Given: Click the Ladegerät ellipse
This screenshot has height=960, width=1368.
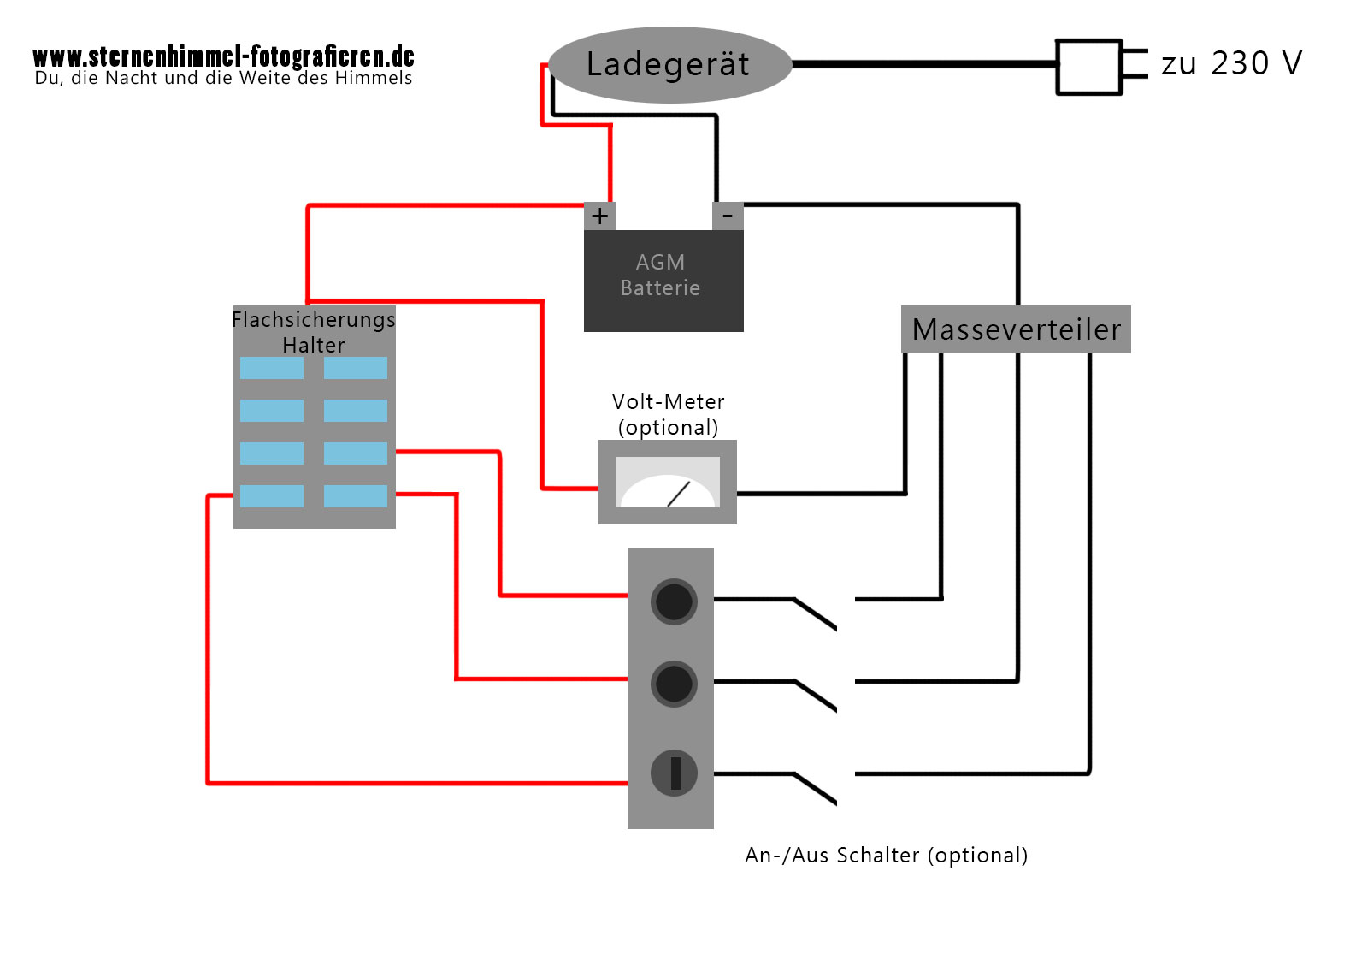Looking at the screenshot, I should coord(669,65).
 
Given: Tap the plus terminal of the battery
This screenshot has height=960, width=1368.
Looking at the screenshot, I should coord(599,216).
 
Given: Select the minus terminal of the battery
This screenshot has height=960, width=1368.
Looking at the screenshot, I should coord(728,216).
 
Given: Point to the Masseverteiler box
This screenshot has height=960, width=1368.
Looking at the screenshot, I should coord(1016,329).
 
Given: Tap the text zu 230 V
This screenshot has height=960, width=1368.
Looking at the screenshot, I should coord(1231,63).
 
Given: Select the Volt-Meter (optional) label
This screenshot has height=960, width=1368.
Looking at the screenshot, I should coord(668,414).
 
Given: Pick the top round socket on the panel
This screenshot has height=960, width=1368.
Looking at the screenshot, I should coord(674,601).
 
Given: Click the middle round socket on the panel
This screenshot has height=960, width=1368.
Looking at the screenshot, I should coord(674,684).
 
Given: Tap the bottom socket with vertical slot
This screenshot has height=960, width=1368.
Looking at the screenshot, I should coord(674,773).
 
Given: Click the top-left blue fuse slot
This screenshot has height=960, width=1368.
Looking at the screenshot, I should coord(272,368).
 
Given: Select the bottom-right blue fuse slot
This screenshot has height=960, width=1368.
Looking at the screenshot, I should coord(356,496).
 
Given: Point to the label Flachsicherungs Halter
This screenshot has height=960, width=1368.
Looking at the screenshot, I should coord(314,332).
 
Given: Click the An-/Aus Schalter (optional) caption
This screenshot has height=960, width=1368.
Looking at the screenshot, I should coord(886,855).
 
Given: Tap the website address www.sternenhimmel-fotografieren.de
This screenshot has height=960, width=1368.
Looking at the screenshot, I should coord(223,56).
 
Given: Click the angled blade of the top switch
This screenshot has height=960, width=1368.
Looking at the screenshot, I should coord(816,614).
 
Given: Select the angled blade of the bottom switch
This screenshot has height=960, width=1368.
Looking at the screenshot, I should coord(816,789).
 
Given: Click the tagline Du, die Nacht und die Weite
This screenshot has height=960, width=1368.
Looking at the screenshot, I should coord(223,79).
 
